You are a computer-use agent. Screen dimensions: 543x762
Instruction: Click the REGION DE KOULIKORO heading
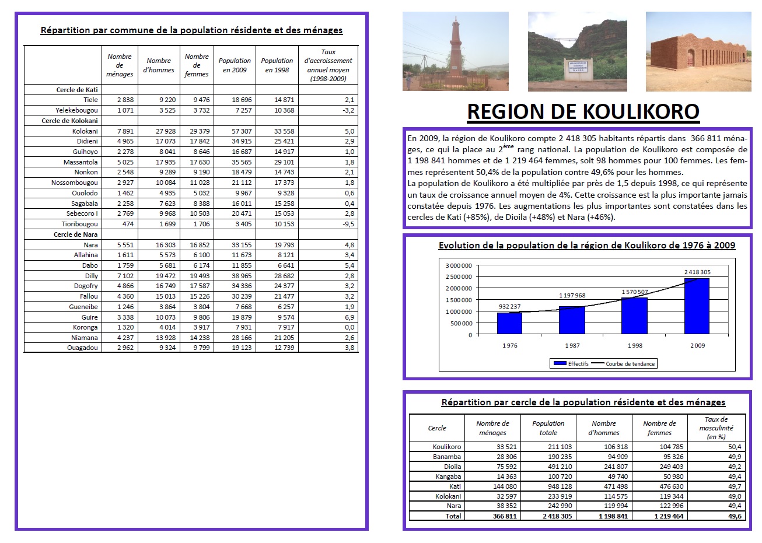583,111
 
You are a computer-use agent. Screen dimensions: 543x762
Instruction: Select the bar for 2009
697,306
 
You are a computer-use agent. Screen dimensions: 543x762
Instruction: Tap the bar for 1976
509,323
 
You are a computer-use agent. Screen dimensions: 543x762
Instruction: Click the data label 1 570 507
634,292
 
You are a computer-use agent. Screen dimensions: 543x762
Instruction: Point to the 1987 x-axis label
572,345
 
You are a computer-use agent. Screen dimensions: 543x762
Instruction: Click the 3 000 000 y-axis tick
458,265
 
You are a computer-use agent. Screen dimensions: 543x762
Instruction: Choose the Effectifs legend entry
572,363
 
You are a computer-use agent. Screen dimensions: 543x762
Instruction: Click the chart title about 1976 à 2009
586,246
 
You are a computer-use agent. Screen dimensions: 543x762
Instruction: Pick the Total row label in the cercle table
453,516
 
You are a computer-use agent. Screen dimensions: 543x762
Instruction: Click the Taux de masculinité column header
716,428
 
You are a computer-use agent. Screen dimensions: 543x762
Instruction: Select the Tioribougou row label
80,224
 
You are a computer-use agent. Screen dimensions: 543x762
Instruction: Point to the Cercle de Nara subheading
76,234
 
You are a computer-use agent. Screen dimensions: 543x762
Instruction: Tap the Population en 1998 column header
277,65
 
